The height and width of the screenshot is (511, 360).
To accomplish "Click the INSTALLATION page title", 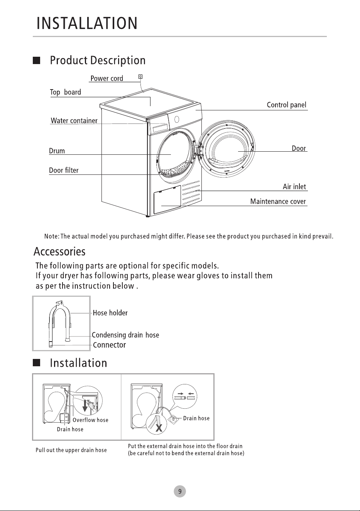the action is click(x=87, y=23).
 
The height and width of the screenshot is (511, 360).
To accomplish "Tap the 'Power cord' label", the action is click(x=107, y=78).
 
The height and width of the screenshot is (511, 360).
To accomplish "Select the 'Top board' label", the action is click(x=66, y=92).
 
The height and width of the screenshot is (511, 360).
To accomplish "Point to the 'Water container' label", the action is click(x=74, y=120).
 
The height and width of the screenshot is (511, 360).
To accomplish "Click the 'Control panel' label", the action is click(x=287, y=105).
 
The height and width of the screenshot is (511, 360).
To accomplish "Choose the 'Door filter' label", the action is click(x=64, y=170).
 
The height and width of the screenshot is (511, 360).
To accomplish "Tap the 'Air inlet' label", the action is click(x=294, y=186).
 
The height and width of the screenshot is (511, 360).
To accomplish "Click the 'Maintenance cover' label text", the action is click(x=278, y=201).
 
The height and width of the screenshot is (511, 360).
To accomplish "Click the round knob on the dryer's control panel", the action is click(x=177, y=119).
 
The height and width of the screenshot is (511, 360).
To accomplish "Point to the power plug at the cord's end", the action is click(x=140, y=77).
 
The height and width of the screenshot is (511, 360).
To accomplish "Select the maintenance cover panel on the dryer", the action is click(x=167, y=200).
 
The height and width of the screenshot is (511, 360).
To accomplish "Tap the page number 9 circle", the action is click(x=180, y=491).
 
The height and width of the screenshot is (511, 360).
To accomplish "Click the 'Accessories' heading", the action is click(x=59, y=252).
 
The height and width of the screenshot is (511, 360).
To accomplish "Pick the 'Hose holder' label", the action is click(x=110, y=313).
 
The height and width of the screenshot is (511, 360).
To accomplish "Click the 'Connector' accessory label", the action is click(x=109, y=345).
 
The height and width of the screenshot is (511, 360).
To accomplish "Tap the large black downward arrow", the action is click(x=85, y=406).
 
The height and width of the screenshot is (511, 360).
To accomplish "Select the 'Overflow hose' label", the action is click(x=90, y=420).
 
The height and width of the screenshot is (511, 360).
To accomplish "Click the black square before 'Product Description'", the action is click(x=37, y=61).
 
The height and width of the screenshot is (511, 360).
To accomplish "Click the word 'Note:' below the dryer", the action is click(x=52, y=236).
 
